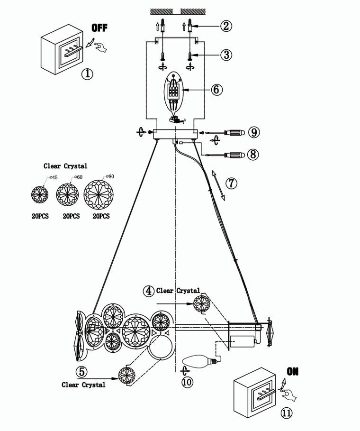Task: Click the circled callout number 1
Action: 87,74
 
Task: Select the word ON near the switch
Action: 293,371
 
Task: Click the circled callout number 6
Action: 217,90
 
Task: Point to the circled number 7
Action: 231,183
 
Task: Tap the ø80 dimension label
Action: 111,176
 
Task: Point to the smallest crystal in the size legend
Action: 40,194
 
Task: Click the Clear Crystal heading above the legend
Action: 65,166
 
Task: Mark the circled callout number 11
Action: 286,413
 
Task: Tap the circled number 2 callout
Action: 226,26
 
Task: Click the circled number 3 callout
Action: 226,55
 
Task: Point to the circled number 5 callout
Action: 83,371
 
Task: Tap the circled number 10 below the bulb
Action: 188,382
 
